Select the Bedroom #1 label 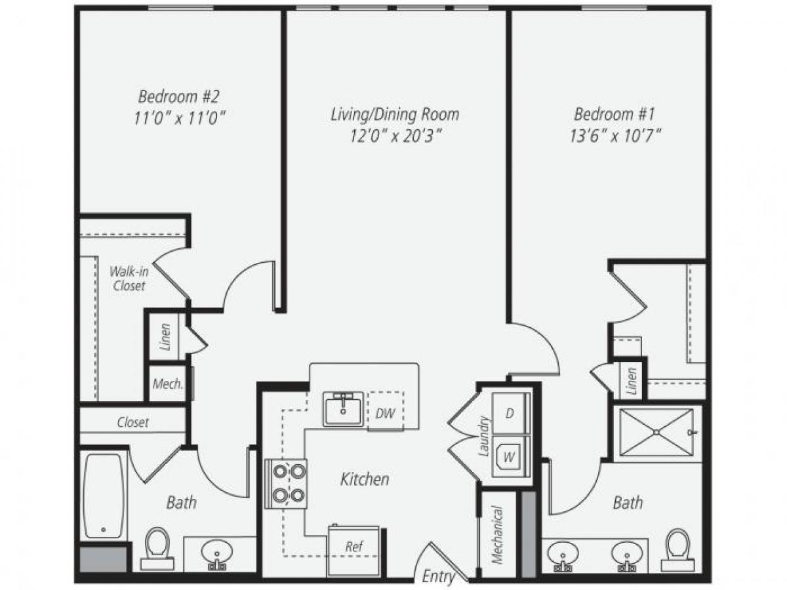click(614, 115)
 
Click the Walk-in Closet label click(128, 277)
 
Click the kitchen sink click(343, 408)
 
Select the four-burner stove click(286, 483)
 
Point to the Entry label click(438, 576)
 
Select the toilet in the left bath click(157, 548)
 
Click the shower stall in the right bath click(656, 433)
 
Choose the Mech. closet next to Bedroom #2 click(167, 383)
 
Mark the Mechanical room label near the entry click(498, 534)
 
